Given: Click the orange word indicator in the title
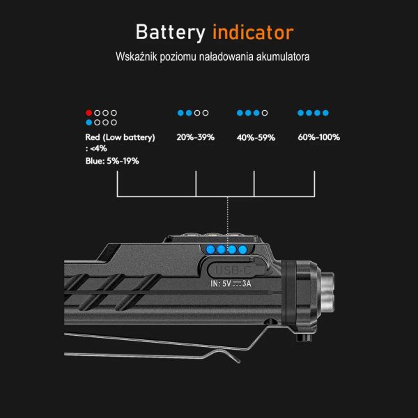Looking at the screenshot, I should click(x=252, y=32).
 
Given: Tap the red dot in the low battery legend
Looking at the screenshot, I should click(x=88, y=112).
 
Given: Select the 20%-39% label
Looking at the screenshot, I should click(x=195, y=137).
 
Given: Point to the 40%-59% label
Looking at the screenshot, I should click(x=256, y=137).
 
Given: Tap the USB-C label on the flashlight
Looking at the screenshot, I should click(x=228, y=270).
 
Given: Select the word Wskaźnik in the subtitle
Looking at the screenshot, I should click(x=136, y=56).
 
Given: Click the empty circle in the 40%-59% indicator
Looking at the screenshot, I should click(x=265, y=112).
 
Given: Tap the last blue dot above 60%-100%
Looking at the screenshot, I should click(x=325, y=112).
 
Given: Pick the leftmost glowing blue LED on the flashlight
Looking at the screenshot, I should click(x=208, y=249).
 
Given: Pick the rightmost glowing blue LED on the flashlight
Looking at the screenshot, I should click(x=242, y=249).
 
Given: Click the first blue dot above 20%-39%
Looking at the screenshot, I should click(x=180, y=112).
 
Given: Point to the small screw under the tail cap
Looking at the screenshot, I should click(x=301, y=337).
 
